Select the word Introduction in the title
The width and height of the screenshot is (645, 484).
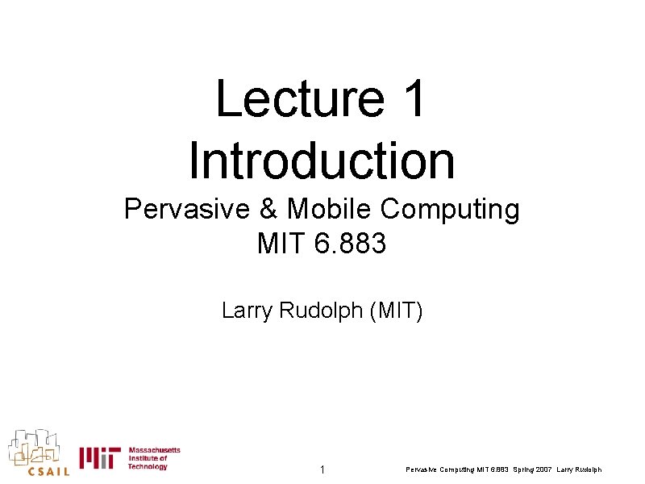pyautogui.click(x=322, y=160)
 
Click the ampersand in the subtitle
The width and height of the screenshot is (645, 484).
pyautogui.click(x=269, y=210)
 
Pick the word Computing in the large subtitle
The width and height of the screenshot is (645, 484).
pyautogui.click(x=451, y=210)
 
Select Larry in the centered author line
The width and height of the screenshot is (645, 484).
pyautogui.click(x=247, y=310)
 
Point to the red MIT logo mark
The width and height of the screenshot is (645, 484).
pyautogui.click(x=99, y=458)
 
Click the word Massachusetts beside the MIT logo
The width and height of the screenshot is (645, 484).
pyautogui.click(x=154, y=449)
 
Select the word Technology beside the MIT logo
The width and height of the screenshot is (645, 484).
pyautogui.click(x=148, y=467)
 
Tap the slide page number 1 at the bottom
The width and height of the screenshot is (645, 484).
pyautogui.click(x=322, y=469)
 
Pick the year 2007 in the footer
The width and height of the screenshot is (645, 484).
pyautogui.click(x=543, y=470)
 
